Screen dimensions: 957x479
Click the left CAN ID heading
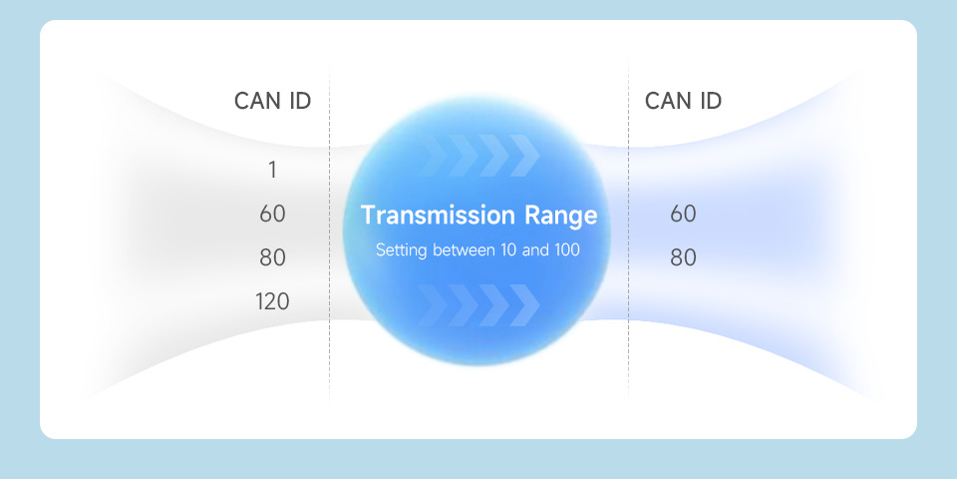point(272,101)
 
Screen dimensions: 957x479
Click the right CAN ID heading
point(683,101)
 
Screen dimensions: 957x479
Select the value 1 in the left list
point(272,170)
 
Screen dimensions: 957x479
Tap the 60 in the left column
point(272,214)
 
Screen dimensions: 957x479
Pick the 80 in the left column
point(272,257)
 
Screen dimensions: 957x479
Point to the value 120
point(272,301)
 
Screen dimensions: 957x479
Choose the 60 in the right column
point(683,214)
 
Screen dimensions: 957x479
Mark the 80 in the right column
point(683,257)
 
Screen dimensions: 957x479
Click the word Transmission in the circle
point(438,216)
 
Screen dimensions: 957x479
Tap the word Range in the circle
point(561,217)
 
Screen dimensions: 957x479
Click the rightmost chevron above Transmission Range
point(524,156)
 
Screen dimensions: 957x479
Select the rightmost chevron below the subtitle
point(524,305)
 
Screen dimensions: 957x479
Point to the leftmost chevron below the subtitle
point(432,305)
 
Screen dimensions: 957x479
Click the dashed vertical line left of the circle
point(330,233)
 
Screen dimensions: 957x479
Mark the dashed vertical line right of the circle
point(629,233)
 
